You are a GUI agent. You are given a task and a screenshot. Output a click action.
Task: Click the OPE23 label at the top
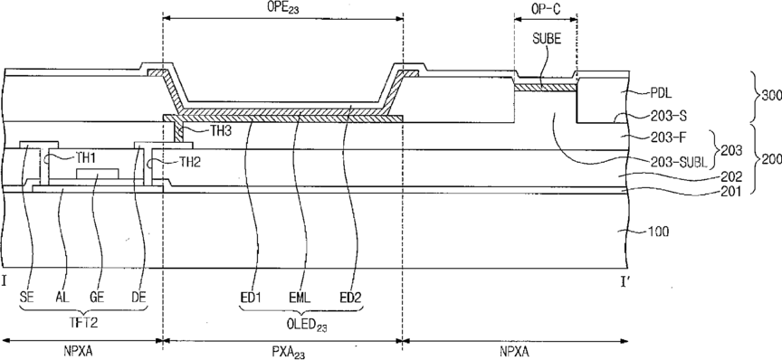pos(283,6)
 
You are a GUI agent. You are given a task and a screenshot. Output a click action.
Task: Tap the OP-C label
pos(545,8)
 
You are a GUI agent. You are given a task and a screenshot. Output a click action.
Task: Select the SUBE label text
pos(547,40)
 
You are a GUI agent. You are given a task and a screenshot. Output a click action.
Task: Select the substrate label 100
pos(662,231)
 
